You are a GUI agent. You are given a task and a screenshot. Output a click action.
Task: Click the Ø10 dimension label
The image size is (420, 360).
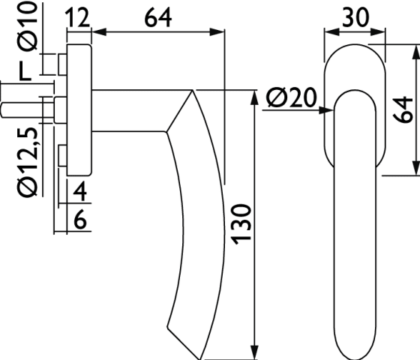(28, 26)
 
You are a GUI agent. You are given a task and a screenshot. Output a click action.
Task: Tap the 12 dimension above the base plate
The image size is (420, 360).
(78, 17)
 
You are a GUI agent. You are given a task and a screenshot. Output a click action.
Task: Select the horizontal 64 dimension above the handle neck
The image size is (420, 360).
(158, 18)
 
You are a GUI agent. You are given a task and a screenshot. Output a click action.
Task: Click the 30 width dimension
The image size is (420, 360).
(355, 17)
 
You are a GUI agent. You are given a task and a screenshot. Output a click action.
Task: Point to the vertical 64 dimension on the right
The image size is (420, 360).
(403, 109)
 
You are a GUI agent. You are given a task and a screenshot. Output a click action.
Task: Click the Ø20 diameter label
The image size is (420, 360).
(292, 97)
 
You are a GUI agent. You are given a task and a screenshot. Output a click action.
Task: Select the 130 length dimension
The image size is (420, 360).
(241, 224)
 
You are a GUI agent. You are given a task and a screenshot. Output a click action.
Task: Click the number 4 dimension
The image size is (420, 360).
(79, 191)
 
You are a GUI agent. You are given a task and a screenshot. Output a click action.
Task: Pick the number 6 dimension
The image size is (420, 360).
(79, 219)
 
